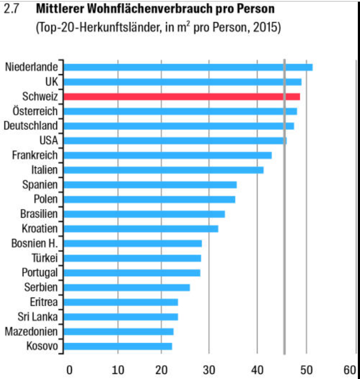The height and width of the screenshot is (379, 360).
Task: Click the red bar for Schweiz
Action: click(182, 96)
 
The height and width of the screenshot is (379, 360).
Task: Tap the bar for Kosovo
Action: click(117, 346)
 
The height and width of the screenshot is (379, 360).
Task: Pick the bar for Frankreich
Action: click(167, 155)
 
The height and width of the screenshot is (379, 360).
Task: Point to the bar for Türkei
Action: click(132, 258)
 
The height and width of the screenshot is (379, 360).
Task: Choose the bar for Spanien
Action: click(150, 185)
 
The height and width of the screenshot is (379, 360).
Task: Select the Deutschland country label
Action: click(30, 126)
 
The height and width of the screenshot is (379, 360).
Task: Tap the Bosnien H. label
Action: click(34, 243)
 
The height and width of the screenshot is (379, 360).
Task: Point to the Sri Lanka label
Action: click(38, 317)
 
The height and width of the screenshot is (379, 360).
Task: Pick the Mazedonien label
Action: click(31, 332)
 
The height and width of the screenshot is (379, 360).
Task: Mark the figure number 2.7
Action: click(12, 8)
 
